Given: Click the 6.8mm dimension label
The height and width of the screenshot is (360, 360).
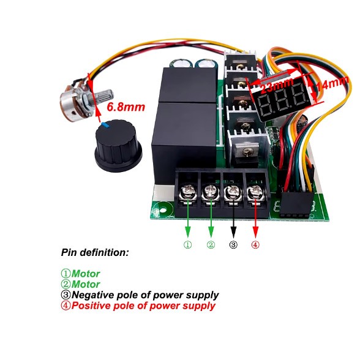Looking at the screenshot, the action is click(x=126, y=107).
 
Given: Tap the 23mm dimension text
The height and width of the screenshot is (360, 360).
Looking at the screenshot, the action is click(x=277, y=84).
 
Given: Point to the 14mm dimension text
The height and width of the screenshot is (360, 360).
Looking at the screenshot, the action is click(x=332, y=83).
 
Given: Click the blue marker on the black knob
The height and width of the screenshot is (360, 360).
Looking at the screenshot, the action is click(x=105, y=125).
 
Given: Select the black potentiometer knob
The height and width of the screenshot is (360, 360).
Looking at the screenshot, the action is click(x=118, y=145).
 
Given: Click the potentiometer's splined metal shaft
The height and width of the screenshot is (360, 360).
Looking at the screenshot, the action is click(x=105, y=96).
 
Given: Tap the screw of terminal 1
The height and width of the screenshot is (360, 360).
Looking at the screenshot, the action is click(x=188, y=192).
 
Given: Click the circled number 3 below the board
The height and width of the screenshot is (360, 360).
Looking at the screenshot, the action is click(x=233, y=245).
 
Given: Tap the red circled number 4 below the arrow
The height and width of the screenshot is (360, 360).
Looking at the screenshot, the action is click(x=255, y=244).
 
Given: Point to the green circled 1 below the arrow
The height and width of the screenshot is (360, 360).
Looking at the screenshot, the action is click(x=188, y=245).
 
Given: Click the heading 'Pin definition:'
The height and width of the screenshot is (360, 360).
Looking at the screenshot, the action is click(x=95, y=252).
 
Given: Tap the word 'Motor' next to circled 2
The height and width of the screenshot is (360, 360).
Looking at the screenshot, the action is click(x=86, y=285).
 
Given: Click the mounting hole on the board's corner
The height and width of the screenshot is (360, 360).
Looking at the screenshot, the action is click(x=163, y=210).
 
